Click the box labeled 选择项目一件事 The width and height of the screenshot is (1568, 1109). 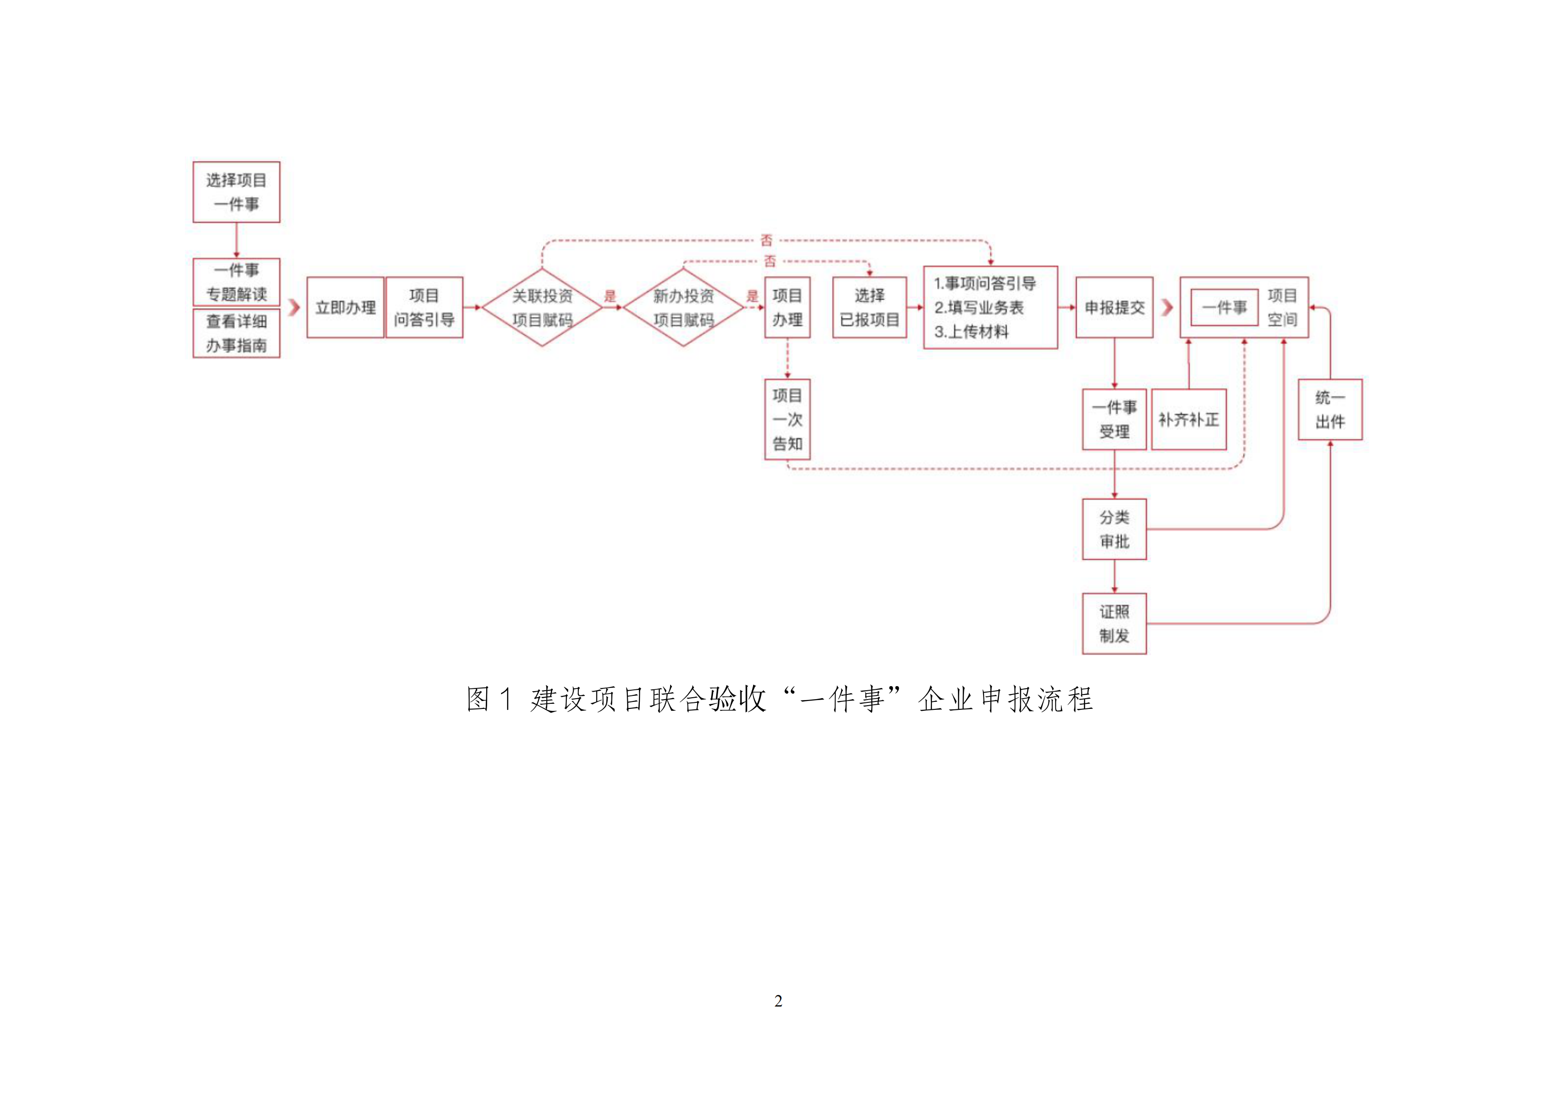pyautogui.click(x=236, y=192)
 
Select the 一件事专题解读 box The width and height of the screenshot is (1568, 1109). pyautogui.click(x=236, y=282)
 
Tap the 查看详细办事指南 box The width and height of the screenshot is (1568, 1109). pyautogui.click(x=236, y=333)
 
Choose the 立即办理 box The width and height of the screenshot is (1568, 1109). pyautogui.click(x=345, y=307)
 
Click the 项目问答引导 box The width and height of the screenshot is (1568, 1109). pyautogui.click(x=424, y=307)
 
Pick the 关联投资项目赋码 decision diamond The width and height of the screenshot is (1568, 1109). pyautogui.click(x=542, y=307)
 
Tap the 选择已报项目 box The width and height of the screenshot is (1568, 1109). pyautogui.click(x=869, y=307)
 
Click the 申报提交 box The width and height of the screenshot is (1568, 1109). pyautogui.click(x=1114, y=307)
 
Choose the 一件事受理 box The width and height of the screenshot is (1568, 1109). pyautogui.click(x=1114, y=419)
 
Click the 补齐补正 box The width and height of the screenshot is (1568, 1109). pyautogui.click(x=1188, y=419)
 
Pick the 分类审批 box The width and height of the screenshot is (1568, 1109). pyautogui.click(x=1114, y=529)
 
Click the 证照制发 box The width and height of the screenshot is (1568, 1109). pyautogui.click(x=1114, y=624)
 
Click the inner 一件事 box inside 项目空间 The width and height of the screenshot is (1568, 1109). pyautogui.click(x=1224, y=307)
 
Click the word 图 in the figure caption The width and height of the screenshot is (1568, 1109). pyautogui.click(x=478, y=699)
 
